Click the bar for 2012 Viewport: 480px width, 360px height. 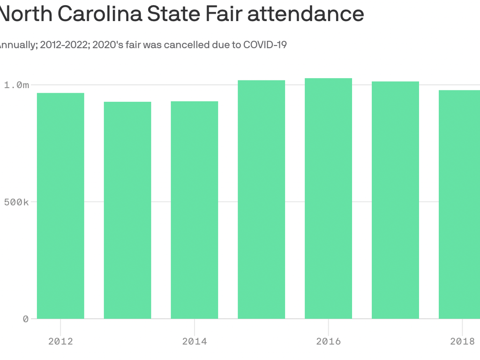(x=60, y=206)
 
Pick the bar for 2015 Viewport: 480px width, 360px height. (x=261, y=199)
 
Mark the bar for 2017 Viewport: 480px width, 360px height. (x=395, y=200)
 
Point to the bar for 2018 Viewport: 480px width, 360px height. (x=460, y=204)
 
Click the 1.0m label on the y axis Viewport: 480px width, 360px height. (x=17, y=85)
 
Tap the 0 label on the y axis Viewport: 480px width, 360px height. (x=26, y=319)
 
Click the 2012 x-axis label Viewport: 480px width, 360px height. (x=60, y=341)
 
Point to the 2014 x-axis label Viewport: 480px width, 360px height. (x=194, y=341)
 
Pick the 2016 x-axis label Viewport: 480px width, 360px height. (x=328, y=341)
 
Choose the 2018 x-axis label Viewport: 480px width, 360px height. (x=462, y=341)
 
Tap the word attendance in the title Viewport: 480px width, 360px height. (x=306, y=14)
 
